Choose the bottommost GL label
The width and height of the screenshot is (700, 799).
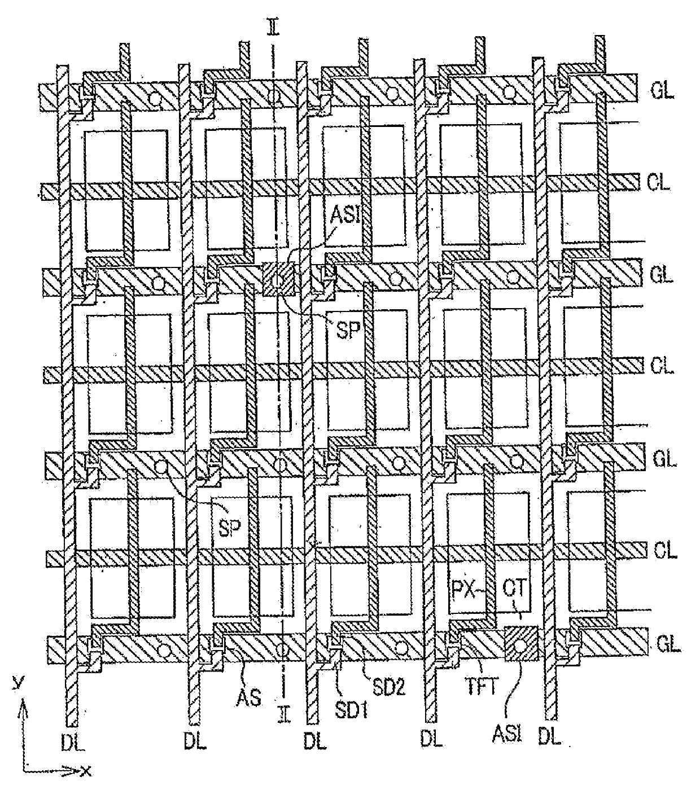(x=668, y=643)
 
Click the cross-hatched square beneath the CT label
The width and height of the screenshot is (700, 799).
(x=522, y=643)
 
